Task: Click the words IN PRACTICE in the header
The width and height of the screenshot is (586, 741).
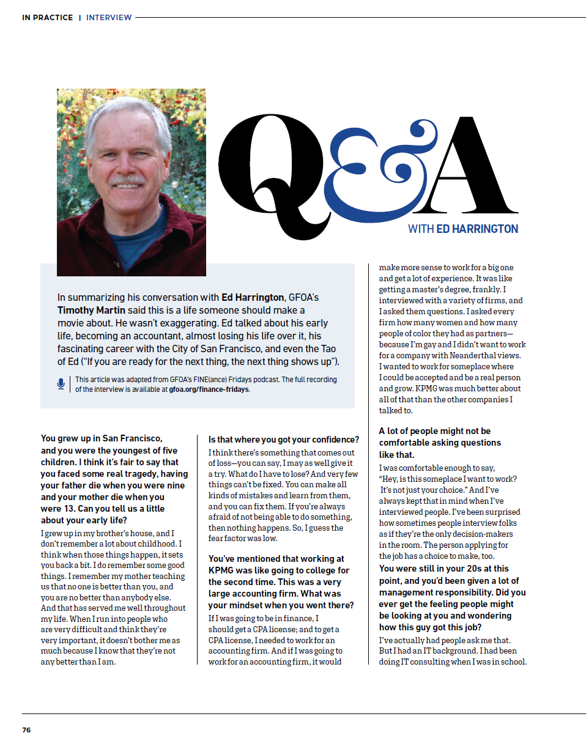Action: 47,18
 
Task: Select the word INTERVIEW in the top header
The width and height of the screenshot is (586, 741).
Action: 109,18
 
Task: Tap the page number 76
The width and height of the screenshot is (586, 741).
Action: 26,730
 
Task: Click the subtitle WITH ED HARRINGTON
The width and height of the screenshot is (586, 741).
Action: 463,229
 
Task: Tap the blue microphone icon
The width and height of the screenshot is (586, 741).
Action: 61,384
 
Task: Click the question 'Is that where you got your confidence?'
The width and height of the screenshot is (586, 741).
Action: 284,440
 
